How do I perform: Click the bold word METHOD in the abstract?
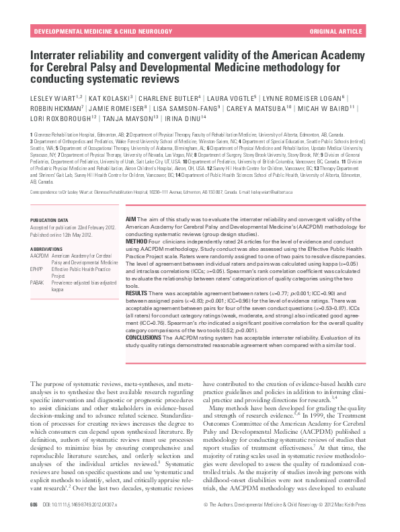coord(136,241)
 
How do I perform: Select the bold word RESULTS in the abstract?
coord(137,294)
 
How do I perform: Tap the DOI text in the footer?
coord(79,523)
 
